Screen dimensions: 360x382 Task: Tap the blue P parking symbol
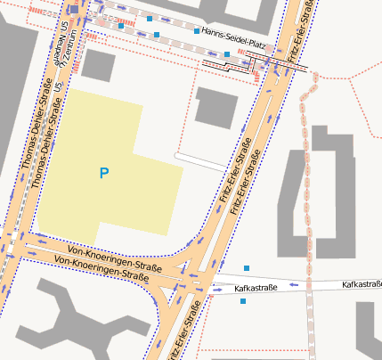(x=104, y=173)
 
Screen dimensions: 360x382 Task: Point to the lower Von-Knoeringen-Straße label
(x=101, y=268)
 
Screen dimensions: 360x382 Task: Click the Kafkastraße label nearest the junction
(x=256, y=289)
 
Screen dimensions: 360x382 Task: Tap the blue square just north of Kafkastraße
(x=247, y=268)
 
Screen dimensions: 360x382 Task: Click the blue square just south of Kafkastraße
(x=243, y=301)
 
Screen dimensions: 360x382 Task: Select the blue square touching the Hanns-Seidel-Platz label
(x=197, y=31)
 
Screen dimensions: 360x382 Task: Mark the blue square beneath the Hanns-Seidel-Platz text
(x=227, y=54)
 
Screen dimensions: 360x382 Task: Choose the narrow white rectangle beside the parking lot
(x=200, y=161)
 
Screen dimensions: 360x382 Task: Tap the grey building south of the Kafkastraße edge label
(x=369, y=329)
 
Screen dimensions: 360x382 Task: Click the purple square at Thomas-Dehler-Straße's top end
(x=74, y=9)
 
